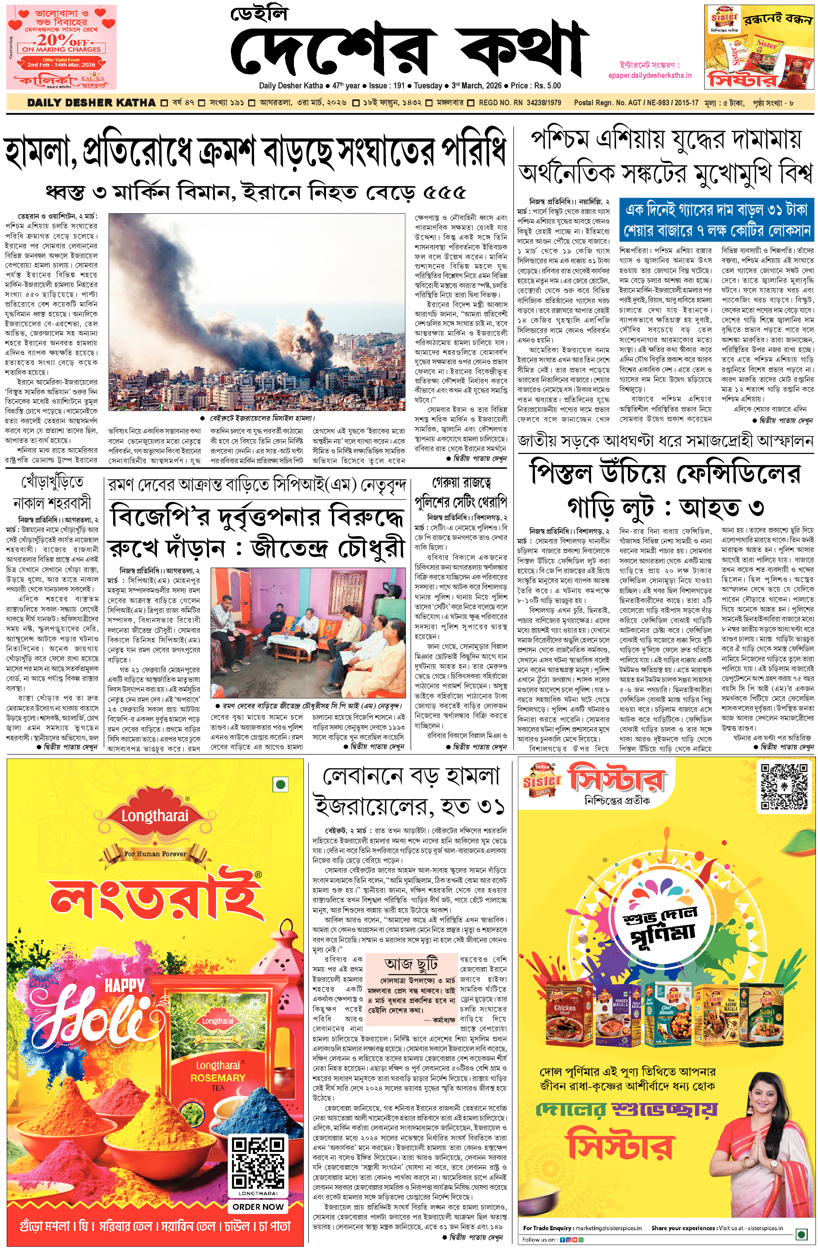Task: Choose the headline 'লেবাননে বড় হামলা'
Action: pyautogui.click(x=411, y=776)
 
